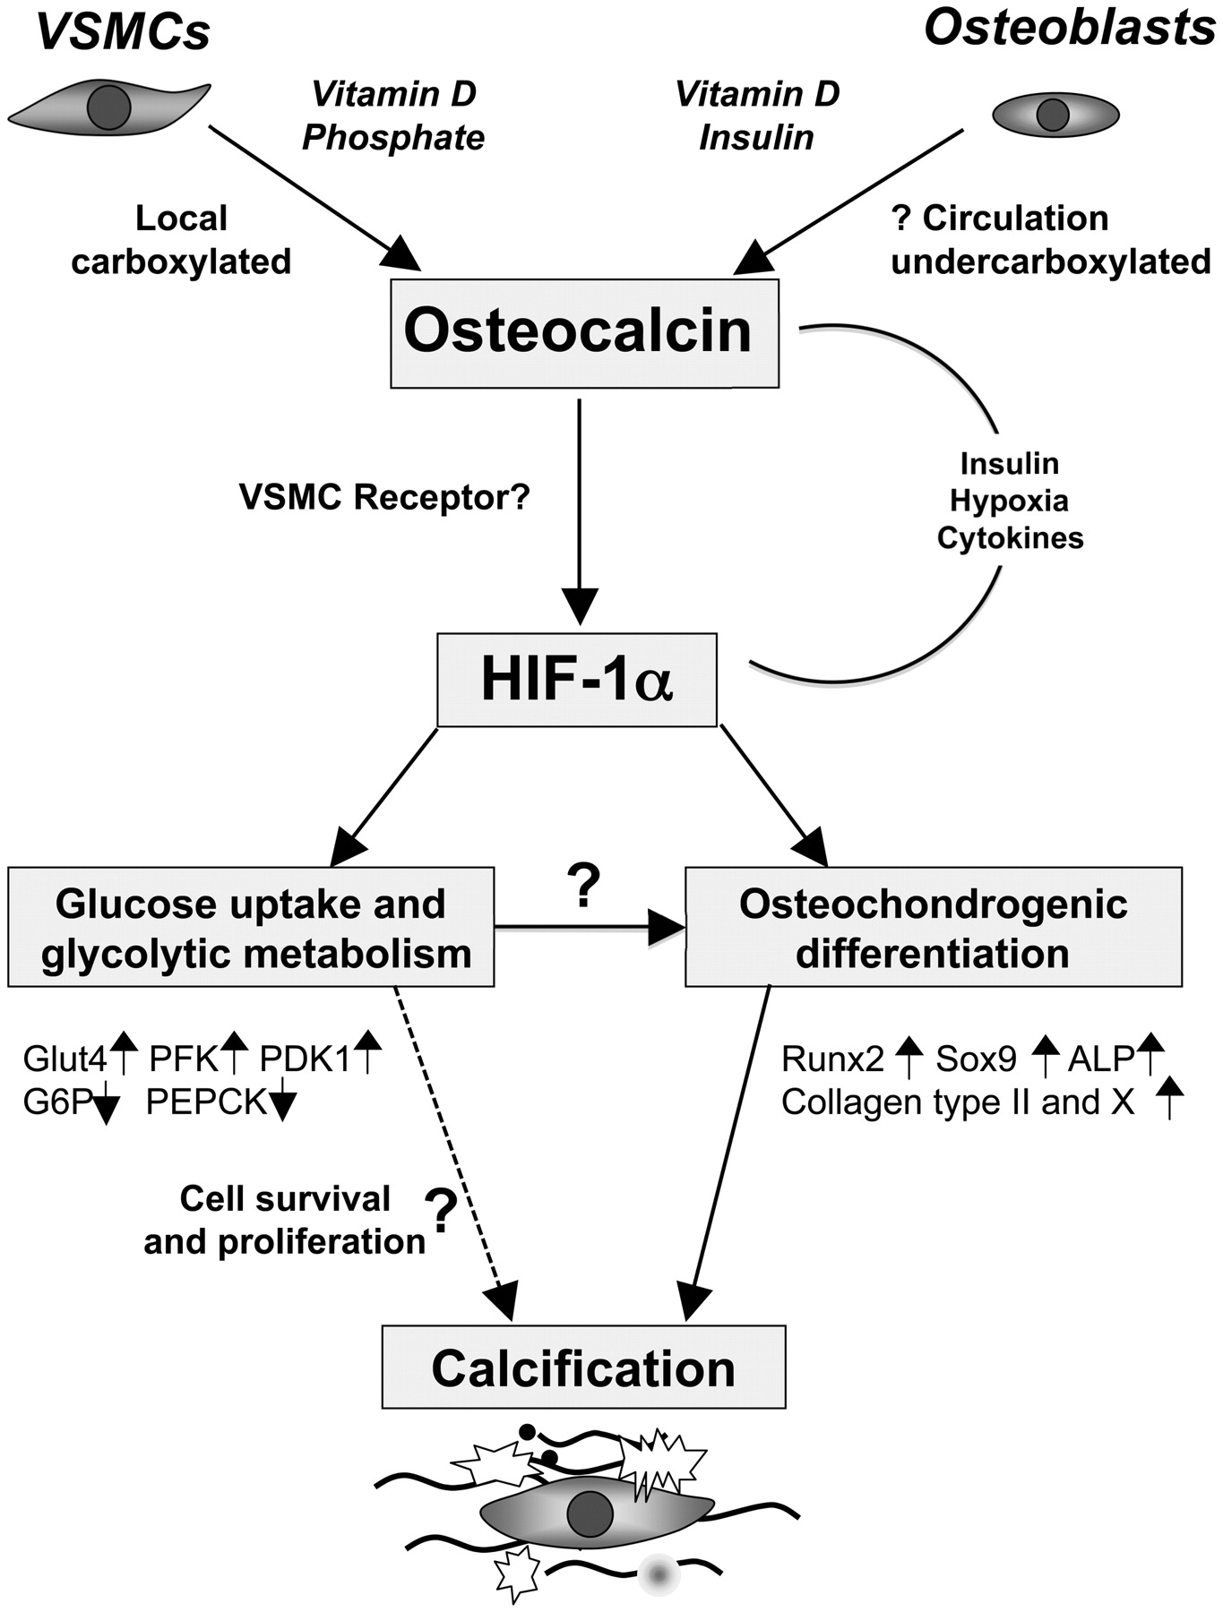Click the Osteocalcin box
584,333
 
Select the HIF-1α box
576,680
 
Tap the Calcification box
583,1368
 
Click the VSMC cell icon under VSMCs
108,107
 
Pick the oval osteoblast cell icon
1055,115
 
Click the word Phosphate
393,138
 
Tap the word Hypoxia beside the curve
1009,501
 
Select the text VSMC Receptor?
384,497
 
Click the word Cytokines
1010,538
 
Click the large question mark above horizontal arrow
583,886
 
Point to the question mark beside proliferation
440,1211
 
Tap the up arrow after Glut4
124,1053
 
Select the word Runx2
832,1059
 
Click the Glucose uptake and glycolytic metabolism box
251,928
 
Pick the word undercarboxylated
1050,262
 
